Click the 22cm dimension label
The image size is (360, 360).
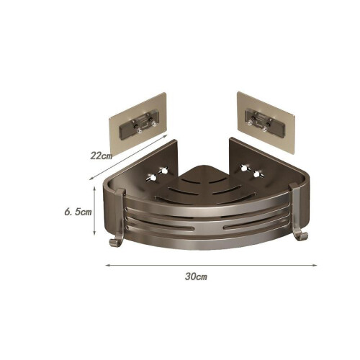click(x=101, y=156)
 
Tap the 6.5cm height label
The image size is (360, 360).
click(x=78, y=212)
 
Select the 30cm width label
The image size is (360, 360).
click(x=196, y=276)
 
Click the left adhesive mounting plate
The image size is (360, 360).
click(x=138, y=124)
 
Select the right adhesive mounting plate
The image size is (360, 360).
click(x=266, y=124)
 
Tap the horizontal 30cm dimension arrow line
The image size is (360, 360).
click(x=211, y=265)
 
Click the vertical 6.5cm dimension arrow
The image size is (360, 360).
click(x=94, y=210)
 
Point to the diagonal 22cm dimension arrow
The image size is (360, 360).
click(x=128, y=157)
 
